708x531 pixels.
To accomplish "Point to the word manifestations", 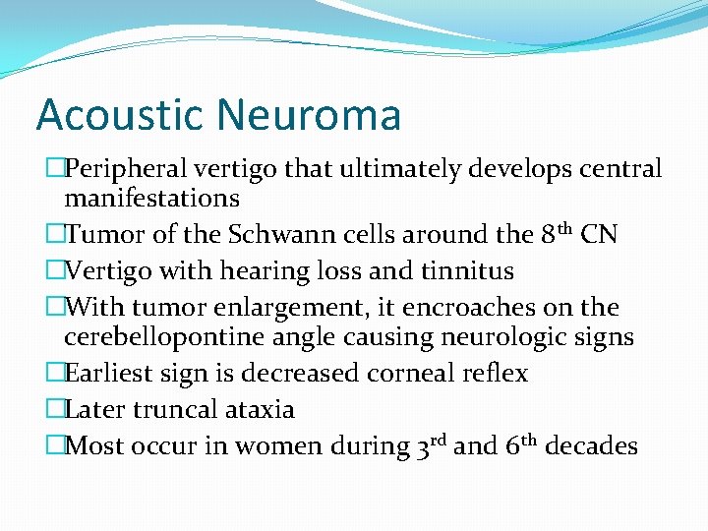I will [x=151, y=199].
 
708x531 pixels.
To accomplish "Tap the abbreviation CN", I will [x=600, y=235].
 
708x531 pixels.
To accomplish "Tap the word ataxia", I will [x=260, y=409].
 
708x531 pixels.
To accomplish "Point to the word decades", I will [x=592, y=446].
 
